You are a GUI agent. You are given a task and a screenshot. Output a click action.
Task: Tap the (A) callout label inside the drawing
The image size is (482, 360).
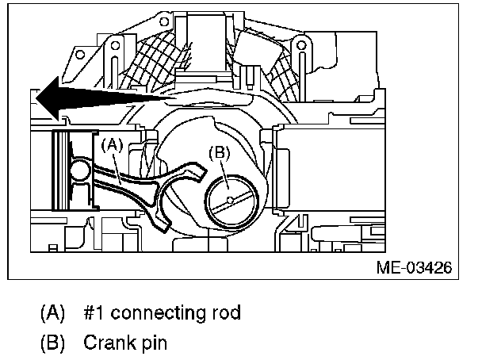coord(111,144)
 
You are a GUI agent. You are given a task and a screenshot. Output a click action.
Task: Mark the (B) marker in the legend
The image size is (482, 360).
coord(52,345)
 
